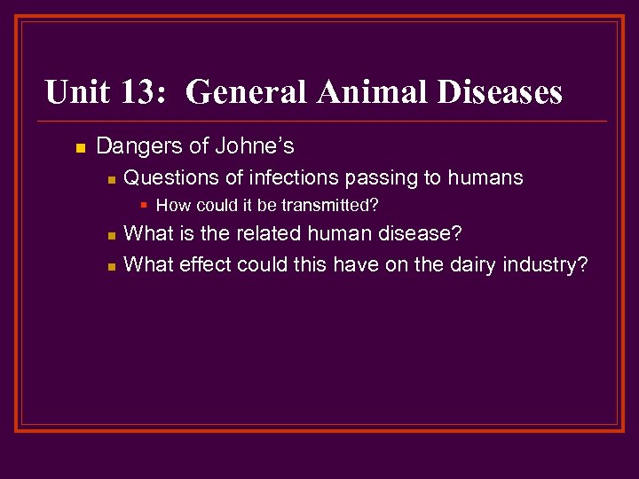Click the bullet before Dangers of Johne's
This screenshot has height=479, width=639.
81,147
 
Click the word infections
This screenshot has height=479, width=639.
284,177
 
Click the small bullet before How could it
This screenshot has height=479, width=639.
145,205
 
